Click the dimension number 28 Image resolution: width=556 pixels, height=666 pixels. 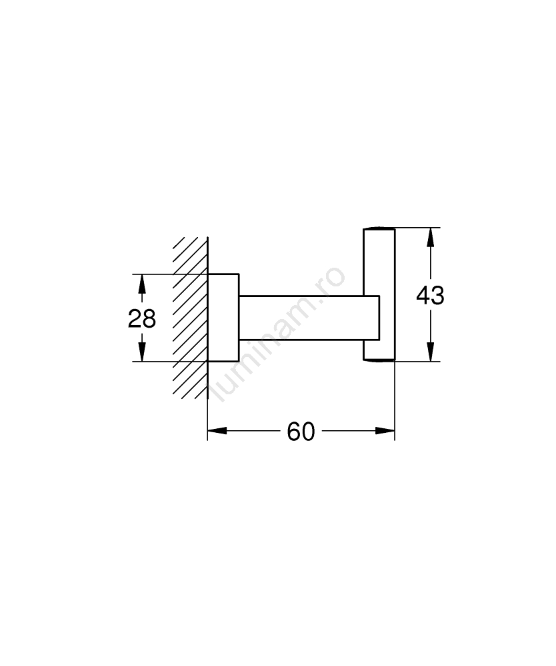click(x=142, y=318)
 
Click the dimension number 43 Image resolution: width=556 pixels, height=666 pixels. click(x=430, y=295)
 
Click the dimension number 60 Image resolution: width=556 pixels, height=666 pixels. click(x=301, y=432)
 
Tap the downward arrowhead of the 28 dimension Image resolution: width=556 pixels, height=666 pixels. click(x=142, y=352)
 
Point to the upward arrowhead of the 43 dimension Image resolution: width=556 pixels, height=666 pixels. click(x=431, y=238)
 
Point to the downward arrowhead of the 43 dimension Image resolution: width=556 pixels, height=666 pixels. click(x=431, y=352)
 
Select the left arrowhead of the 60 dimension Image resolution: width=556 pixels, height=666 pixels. click(x=217, y=431)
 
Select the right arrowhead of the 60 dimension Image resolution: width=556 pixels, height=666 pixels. click(x=385, y=431)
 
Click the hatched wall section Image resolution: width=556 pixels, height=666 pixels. click(x=191, y=318)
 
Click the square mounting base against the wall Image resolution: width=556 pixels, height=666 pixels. click(x=223, y=318)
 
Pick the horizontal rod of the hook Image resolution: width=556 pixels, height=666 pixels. click(x=309, y=318)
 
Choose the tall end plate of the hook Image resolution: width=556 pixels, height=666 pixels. click(x=379, y=295)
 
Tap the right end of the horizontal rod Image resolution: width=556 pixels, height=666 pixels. click(x=379, y=318)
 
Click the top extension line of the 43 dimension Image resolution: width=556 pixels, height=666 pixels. click(x=418, y=228)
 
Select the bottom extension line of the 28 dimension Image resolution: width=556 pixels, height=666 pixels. click(x=170, y=362)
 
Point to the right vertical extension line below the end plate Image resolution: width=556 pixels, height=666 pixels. click(x=395, y=401)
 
